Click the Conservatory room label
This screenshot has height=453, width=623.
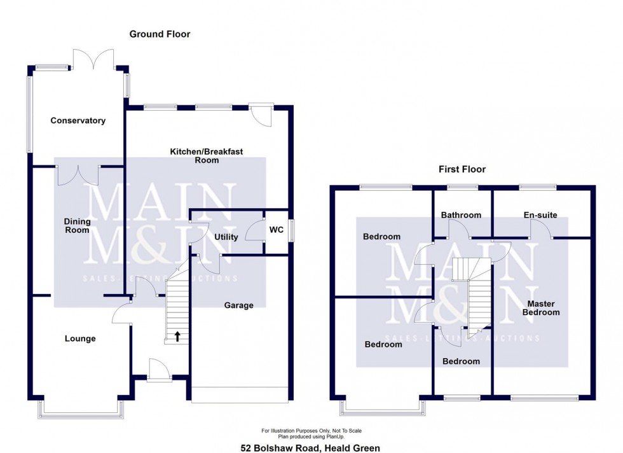[78, 121]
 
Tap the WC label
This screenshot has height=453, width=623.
[277, 229]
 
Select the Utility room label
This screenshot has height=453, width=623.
[226, 237]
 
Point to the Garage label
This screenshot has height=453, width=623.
[238, 305]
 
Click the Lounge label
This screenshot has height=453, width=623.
[80, 338]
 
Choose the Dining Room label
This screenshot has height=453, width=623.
[77, 226]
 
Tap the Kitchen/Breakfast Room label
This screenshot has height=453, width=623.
[207, 156]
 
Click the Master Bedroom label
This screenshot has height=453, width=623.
[543, 309]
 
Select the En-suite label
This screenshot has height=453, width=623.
[540, 215]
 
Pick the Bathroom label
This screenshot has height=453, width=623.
[462, 215]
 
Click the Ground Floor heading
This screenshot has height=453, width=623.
[160, 34]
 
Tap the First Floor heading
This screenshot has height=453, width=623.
[462, 169]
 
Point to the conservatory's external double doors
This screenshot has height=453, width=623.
[93, 59]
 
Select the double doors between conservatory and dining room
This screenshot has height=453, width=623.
[79, 174]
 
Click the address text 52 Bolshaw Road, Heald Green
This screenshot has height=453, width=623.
[310, 448]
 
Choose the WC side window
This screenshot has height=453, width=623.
[292, 230]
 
